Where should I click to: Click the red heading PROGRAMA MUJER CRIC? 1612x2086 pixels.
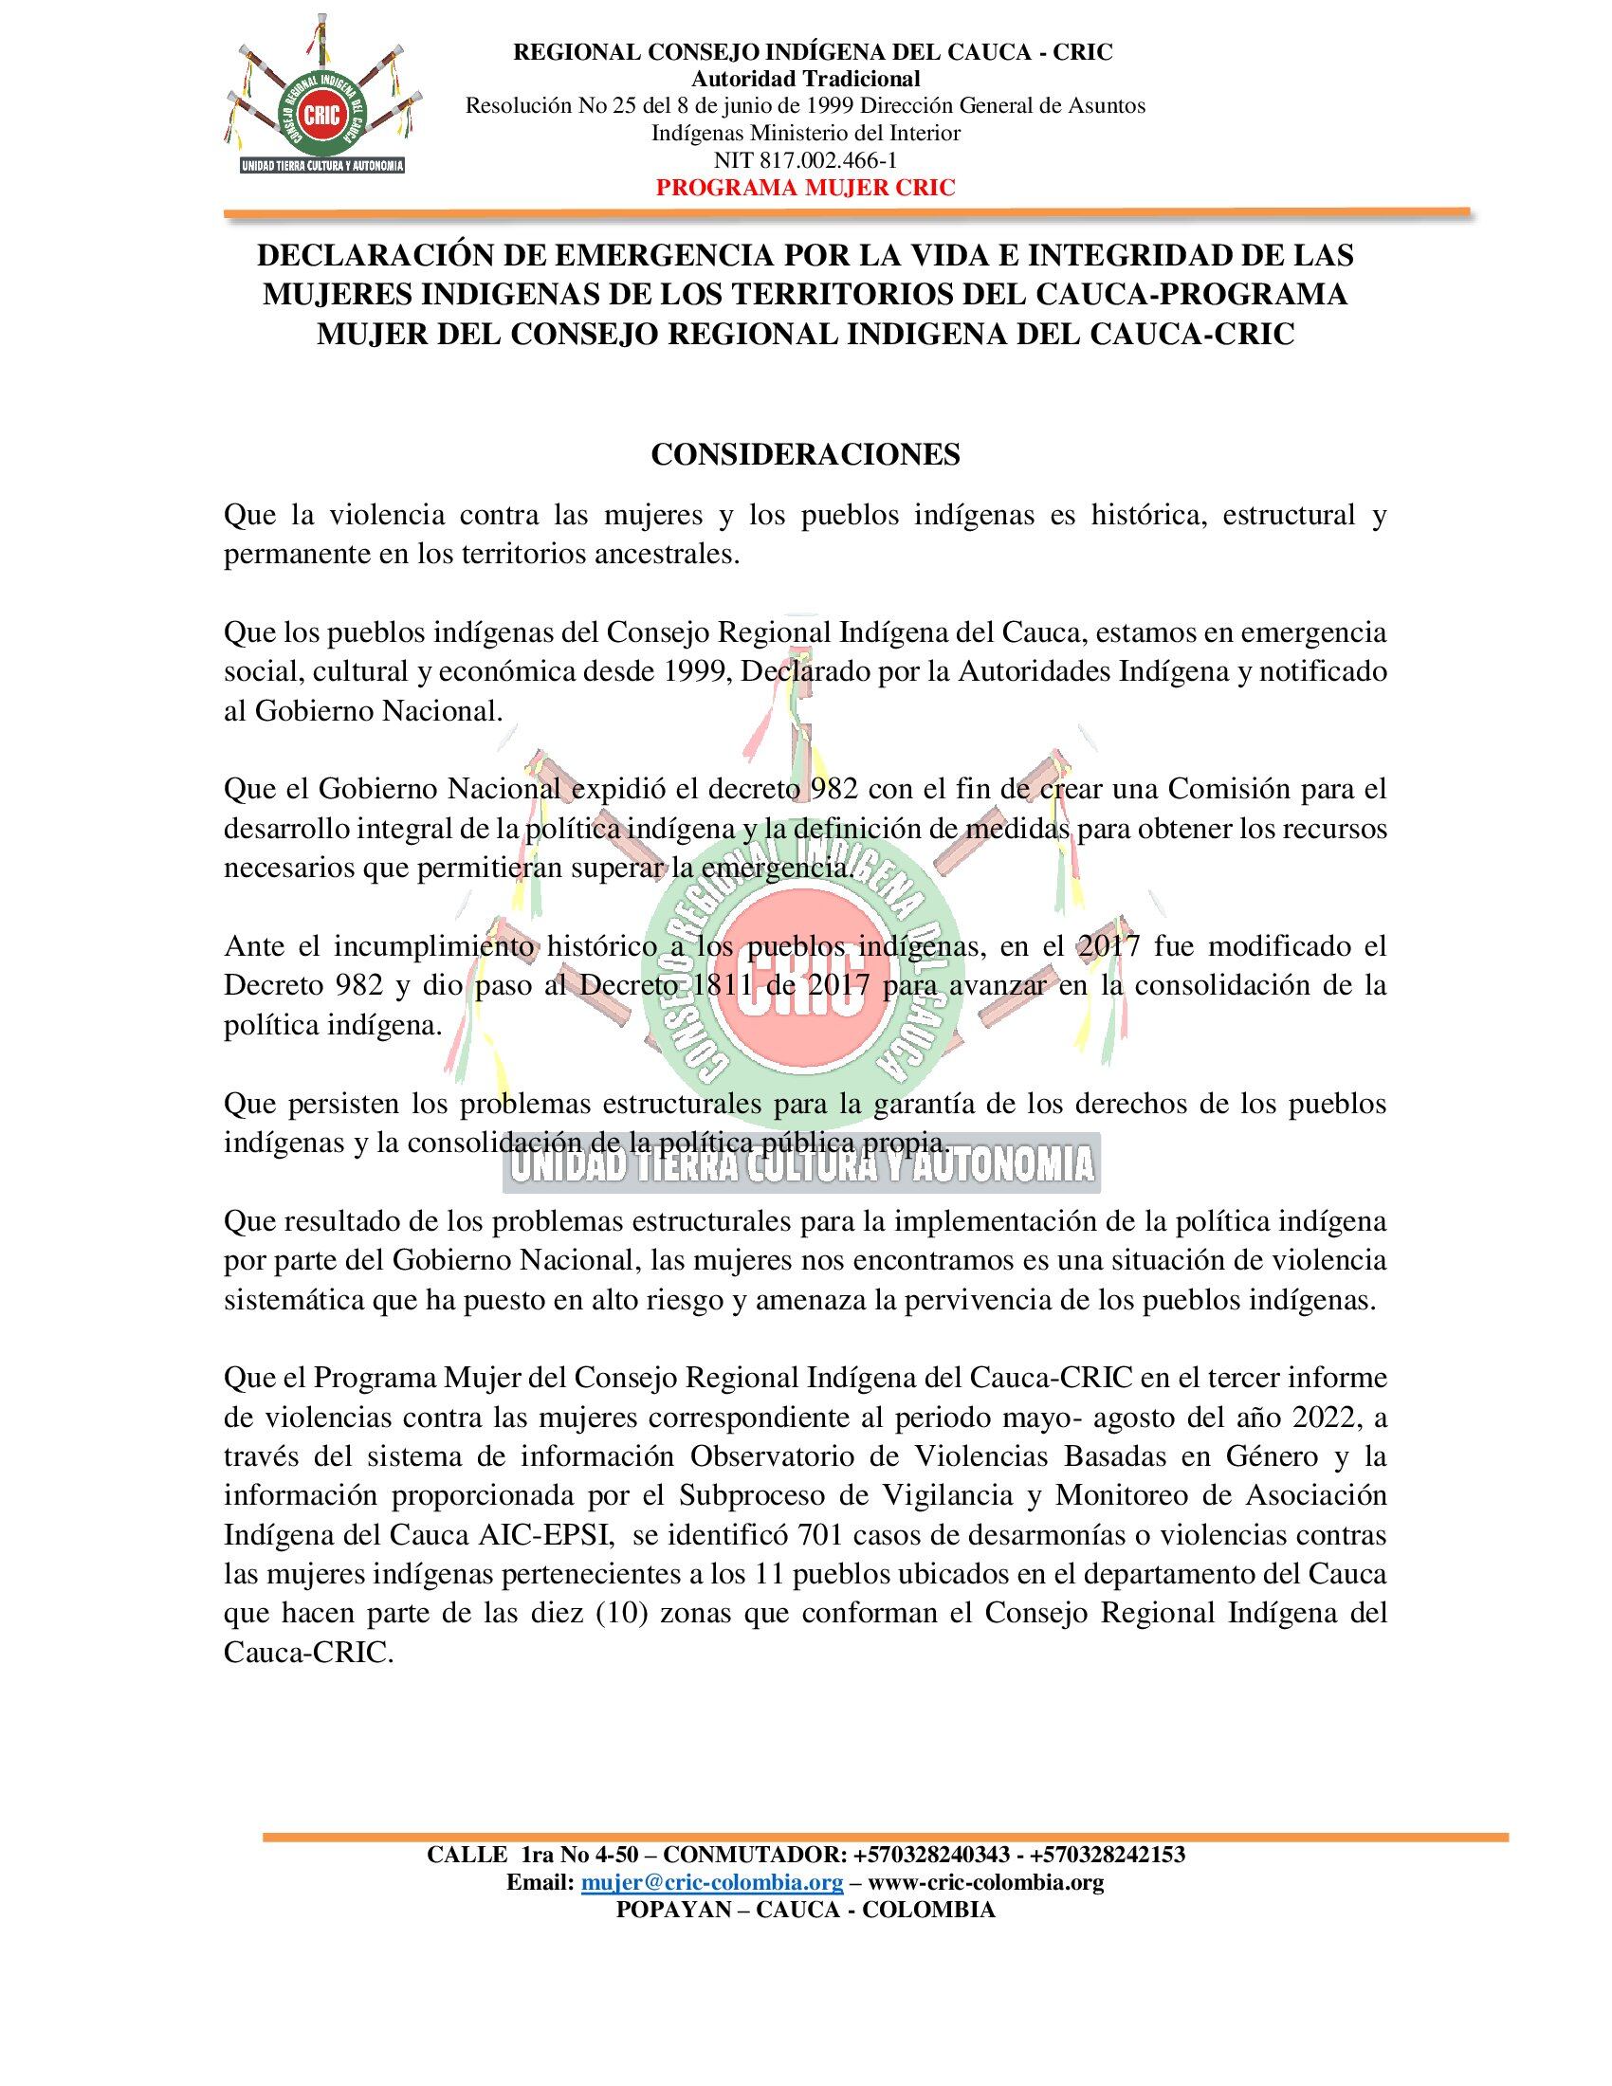pyautogui.click(x=806, y=187)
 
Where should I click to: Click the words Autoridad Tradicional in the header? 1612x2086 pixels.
pyautogui.click(x=805, y=79)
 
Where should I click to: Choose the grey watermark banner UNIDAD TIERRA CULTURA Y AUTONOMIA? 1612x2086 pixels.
pyautogui.click(x=799, y=1164)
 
